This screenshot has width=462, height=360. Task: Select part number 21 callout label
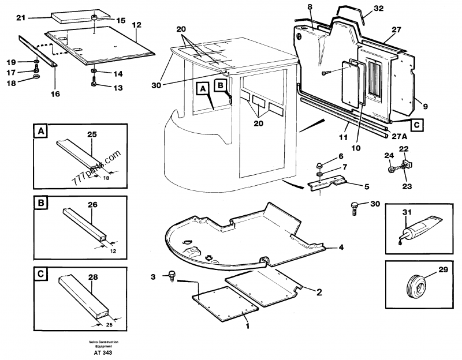click(x=21, y=18)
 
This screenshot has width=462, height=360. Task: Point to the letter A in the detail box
click(x=40, y=132)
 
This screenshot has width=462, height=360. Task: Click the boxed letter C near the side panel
click(x=416, y=123)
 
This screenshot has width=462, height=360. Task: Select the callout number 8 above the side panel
click(x=310, y=7)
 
